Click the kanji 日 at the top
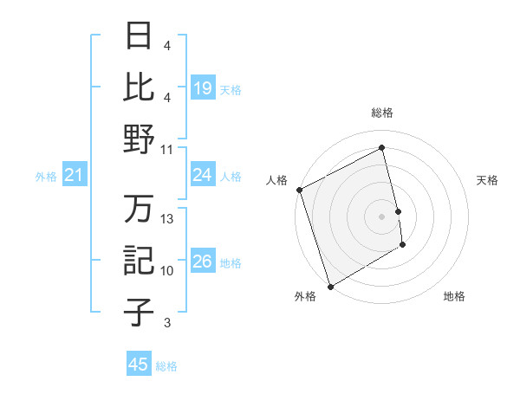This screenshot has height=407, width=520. click(x=139, y=36)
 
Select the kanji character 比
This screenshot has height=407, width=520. click(x=139, y=87)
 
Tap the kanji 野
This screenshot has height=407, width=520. click(x=139, y=139)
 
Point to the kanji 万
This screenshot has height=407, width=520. click(x=139, y=209)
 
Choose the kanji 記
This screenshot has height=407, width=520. click(x=139, y=261)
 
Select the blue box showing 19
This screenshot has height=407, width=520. click(x=202, y=87)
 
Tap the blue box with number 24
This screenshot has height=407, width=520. click(x=202, y=175)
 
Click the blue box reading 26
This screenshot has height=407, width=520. click(x=202, y=262)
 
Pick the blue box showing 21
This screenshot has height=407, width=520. click(x=75, y=176)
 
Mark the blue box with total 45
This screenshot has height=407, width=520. click(x=138, y=365)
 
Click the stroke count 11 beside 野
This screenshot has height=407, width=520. click(x=167, y=149)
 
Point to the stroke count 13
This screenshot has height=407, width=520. click(x=167, y=219)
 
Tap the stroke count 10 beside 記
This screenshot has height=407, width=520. click(x=167, y=271)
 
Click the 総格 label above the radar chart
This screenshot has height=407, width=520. click(x=381, y=113)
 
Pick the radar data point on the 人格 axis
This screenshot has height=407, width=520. click(x=299, y=190)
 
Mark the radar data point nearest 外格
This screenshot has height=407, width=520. click(x=330, y=286)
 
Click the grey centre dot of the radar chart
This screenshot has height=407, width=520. click(x=381, y=216)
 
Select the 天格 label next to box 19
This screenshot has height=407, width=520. click(x=231, y=89)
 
